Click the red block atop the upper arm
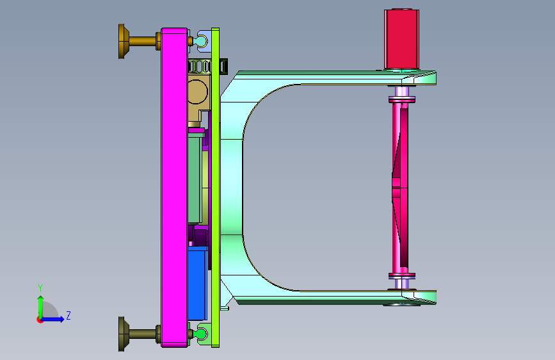point(402,39)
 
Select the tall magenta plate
point(175,188)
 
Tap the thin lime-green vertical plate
point(215,188)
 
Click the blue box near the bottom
point(198,284)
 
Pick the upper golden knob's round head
point(122,41)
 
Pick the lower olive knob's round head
point(122,334)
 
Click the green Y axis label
point(40,288)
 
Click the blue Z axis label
point(68,315)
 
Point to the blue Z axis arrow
point(52,319)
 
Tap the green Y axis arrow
point(41,307)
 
